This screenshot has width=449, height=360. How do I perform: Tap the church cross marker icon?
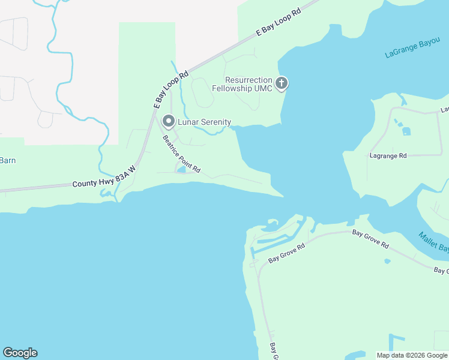pos(282,83)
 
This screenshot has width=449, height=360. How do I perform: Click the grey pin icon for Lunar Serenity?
pos(169,122)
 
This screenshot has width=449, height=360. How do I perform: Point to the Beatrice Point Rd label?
pos(182,154)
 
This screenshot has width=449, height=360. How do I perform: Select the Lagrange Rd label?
pos(387,155)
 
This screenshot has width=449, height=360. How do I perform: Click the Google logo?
pos(20,353)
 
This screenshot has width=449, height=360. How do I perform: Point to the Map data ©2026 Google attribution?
pos(412,355)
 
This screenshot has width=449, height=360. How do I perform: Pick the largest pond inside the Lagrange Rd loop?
pos(406,131)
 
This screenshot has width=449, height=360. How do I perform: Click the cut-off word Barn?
pos(7,160)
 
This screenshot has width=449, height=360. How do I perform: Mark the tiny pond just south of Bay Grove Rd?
pos(387,261)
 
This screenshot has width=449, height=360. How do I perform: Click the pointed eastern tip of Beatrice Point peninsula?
pos(283,195)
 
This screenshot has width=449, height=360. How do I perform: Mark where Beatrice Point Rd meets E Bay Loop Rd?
pos(157,116)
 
